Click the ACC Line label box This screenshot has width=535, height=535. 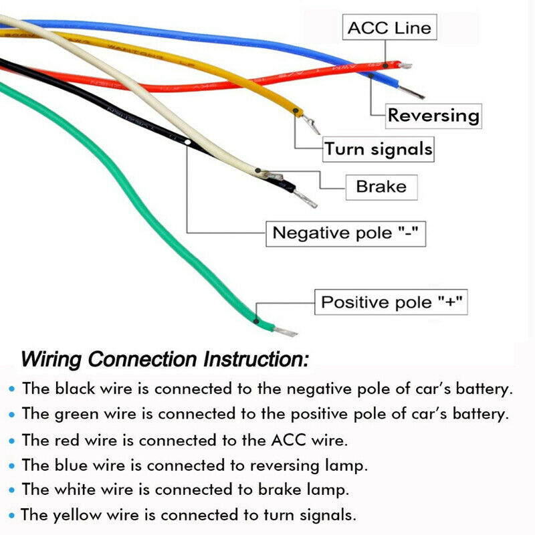click(390, 29)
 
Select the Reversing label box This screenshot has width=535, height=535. click(434, 115)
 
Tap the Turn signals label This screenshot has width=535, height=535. click(378, 148)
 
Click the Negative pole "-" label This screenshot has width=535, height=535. click(346, 233)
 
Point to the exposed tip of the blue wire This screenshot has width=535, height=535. click(413, 94)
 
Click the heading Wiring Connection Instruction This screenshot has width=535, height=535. click(165, 359)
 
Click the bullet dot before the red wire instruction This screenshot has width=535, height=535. click(11, 441)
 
